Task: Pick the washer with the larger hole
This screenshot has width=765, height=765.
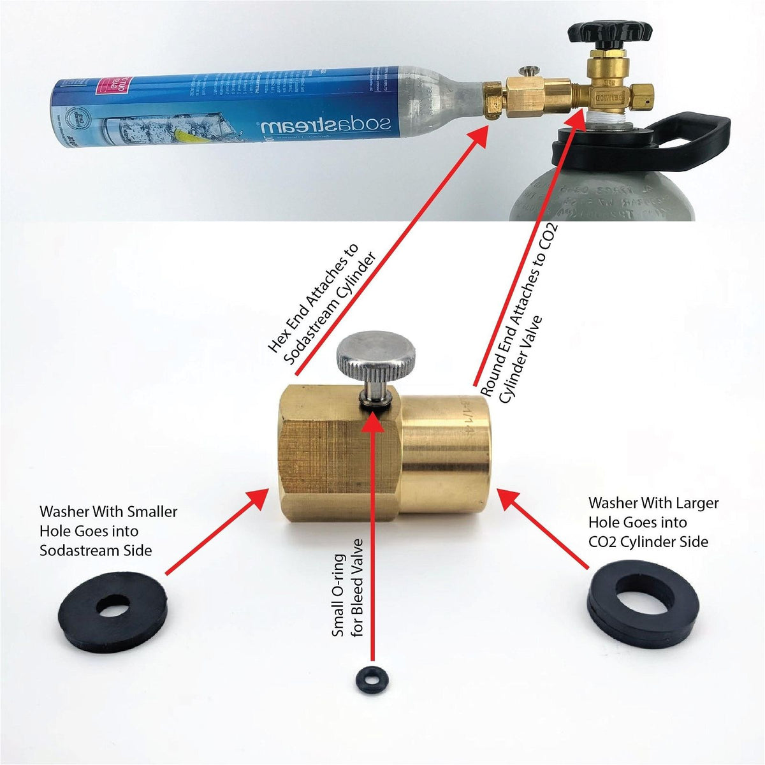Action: point(643,601)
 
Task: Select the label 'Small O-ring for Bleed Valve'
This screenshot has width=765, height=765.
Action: point(347,587)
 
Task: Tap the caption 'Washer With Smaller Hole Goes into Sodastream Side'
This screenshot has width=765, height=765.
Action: point(108,531)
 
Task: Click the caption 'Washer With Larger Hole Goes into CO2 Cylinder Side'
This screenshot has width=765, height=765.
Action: point(653,522)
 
